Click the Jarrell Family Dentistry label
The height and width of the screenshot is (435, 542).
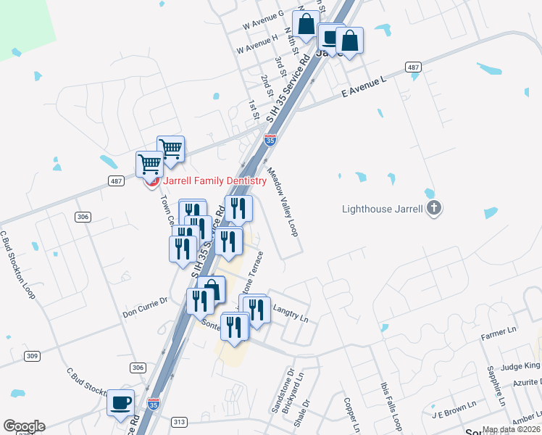[x=214, y=181]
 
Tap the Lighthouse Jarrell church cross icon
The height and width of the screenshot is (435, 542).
[x=433, y=209]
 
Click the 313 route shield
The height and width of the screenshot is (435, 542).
[x=180, y=422]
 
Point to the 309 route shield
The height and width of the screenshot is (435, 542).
[x=32, y=356]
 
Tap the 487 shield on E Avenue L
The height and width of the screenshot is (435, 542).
[x=413, y=67]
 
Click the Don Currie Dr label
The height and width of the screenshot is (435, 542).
[x=145, y=313]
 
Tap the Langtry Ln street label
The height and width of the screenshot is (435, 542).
[x=291, y=313]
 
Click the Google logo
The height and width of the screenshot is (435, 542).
[x=24, y=426]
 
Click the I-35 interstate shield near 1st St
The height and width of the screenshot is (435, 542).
[x=270, y=140]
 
